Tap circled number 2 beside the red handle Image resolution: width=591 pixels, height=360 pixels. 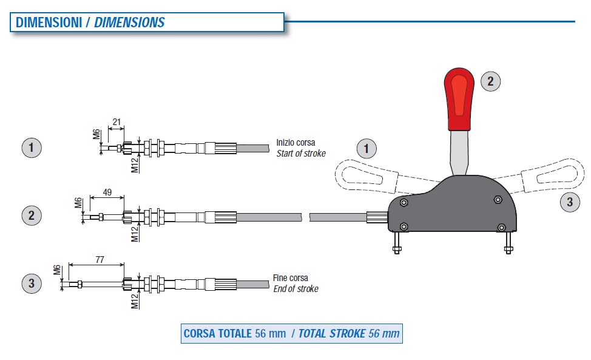(491, 81)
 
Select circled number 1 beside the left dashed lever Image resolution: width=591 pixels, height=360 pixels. (365, 148)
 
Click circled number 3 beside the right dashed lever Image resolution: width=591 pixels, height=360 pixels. (569, 202)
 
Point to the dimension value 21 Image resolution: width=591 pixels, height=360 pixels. (117, 123)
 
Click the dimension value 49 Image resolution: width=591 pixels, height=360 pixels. (107, 192)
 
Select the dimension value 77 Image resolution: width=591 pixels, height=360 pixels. (100, 260)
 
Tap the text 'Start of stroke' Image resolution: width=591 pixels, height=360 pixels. (301, 154)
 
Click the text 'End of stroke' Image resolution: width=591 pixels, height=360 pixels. (295, 289)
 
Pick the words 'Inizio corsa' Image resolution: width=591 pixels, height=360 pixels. (295, 143)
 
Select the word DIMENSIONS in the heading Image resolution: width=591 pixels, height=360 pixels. (129, 22)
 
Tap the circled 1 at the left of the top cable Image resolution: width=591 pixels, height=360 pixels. (31, 148)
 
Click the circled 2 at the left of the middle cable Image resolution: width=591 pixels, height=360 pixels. (31, 215)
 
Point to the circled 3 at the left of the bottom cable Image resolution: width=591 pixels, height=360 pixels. (31, 282)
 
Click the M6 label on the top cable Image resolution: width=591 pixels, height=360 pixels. (96, 134)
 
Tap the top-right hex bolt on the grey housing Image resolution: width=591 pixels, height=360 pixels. (498, 199)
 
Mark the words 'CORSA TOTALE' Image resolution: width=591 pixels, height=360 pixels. (217, 333)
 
